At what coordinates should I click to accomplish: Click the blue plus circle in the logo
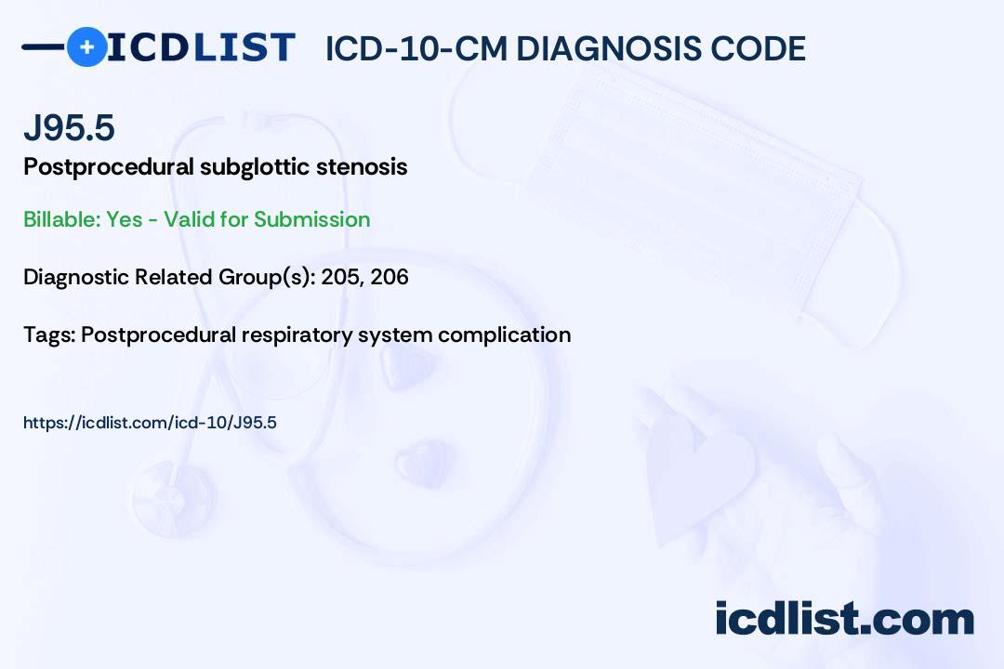[87, 47]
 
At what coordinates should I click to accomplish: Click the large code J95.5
[69, 127]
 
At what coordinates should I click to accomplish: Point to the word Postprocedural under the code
[109, 167]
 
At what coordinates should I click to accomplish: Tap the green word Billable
[62, 219]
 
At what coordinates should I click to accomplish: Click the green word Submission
[311, 219]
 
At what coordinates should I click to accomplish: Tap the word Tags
[49, 335]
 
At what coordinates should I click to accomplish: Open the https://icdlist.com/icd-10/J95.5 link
[150, 423]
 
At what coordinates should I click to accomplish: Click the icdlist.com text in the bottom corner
[844, 619]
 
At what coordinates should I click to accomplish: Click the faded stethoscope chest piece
[173, 499]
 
